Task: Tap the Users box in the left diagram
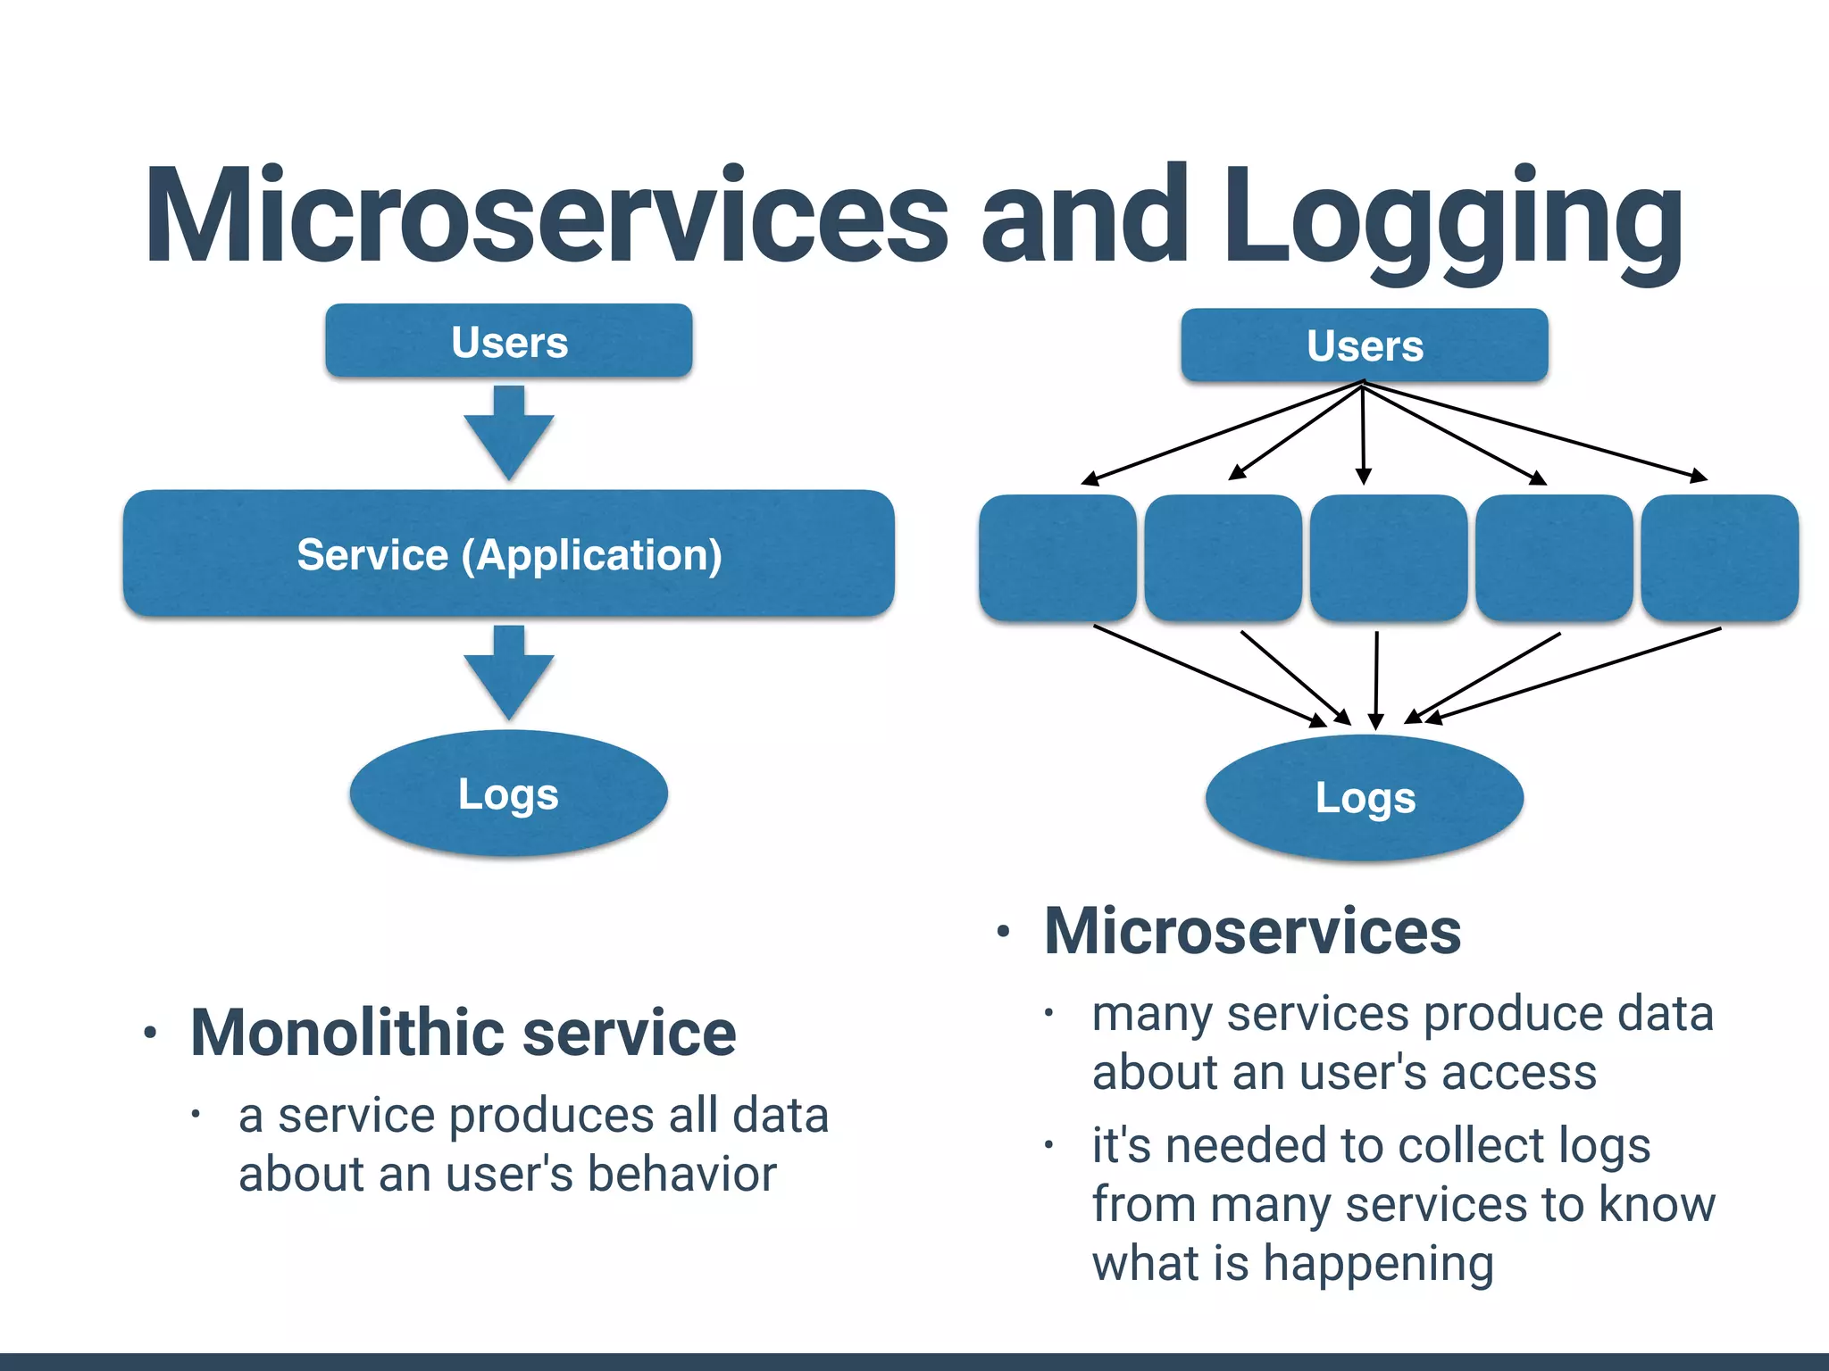pyautogui.click(x=509, y=342)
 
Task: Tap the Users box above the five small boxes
pyautogui.click(x=1364, y=345)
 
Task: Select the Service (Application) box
pyautogui.click(x=509, y=554)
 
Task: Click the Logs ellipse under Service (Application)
pyautogui.click(x=509, y=794)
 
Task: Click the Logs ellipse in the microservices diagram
pyautogui.click(x=1365, y=798)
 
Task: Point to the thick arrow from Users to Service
pyautogui.click(x=509, y=433)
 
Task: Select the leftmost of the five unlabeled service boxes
pyautogui.click(x=1057, y=558)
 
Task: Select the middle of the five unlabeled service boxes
pyautogui.click(x=1389, y=558)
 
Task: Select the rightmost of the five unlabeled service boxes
pyautogui.click(x=1719, y=558)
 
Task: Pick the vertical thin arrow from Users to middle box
pyautogui.click(x=1363, y=433)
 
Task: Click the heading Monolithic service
pyautogui.click(x=463, y=1033)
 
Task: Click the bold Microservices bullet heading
pyautogui.click(x=1252, y=931)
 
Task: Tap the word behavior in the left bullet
pyautogui.click(x=682, y=1174)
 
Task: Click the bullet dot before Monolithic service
pyautogui.click(x=150, y=1034)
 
